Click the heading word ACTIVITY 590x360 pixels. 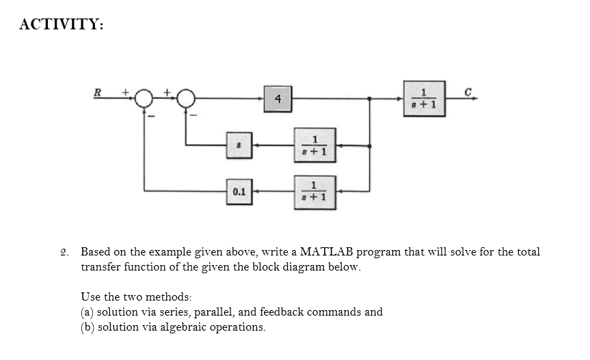(62, 25)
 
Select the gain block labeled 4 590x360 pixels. (277, 99)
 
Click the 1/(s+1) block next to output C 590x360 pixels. (424, 98)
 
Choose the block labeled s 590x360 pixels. (239, 145)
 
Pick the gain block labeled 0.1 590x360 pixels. (239, 192)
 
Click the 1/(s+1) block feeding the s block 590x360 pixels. (314, 145)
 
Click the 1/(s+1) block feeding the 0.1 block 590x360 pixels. (314, 192)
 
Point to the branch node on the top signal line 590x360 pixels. (370, 99)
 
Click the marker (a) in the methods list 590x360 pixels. (88, 312)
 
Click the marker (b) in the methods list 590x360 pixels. (88, 327)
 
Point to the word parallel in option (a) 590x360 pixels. (213, 312)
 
